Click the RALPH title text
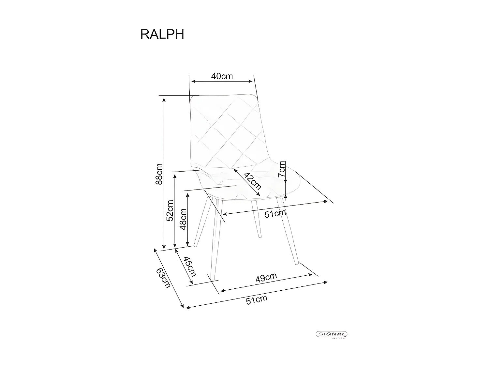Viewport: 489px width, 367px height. (162, 34)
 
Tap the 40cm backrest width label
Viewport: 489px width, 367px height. (222, 76)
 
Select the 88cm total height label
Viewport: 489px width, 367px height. (159, 174)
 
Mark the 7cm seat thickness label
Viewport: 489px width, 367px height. (282, 169)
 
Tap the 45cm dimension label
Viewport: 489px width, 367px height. (190, 266)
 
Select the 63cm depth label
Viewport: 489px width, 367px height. (163, 278)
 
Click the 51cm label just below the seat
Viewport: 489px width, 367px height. (275, 214)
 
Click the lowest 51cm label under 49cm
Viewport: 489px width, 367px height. (257, 299)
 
